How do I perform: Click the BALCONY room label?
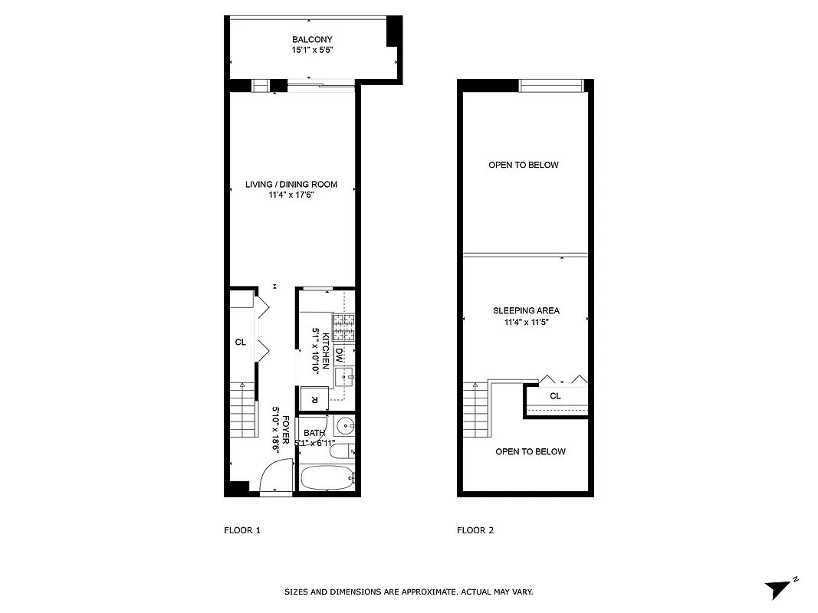point(312,40)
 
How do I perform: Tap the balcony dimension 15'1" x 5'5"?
point(312,51)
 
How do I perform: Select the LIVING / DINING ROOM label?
point(291,185)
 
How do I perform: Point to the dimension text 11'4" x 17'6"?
point(291,195)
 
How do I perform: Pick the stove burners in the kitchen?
point(343,327)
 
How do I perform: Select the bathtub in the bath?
point(326,480)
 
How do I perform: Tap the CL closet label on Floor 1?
point(240,343)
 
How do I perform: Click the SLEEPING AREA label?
point(526,310)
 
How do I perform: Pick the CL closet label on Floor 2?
point(556,396)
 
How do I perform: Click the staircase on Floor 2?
point(475,410)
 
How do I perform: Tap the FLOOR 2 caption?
point(475,530)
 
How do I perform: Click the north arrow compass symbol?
point(777,589)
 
